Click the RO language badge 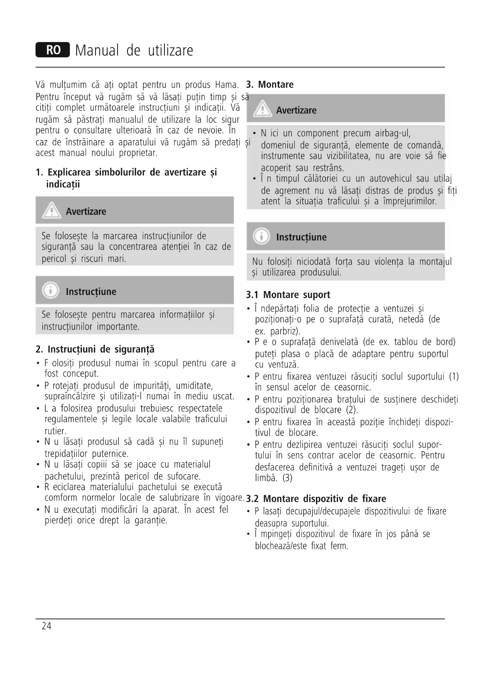click(53, 50)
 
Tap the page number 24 click(46, 626)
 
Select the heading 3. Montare click(270, 85)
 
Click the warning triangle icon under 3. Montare click(263, 109)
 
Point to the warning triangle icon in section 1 click(51, 211)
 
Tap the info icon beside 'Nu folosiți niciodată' click(261, 236)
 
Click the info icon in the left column click(51, 291)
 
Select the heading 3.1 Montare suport click(288, 295)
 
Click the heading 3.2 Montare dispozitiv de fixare click(316, 499)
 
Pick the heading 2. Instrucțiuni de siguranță click(95, 349)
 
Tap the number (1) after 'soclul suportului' click(453, 376)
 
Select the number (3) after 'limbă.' click(287, 478)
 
